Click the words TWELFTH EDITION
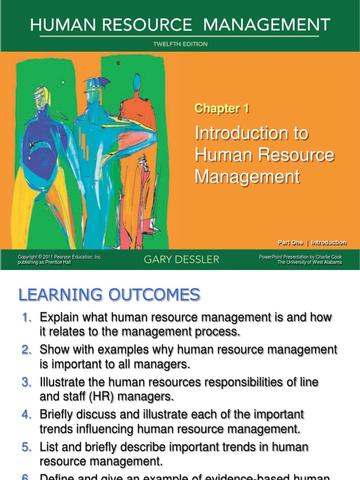pyautogui.click(x=180, y=45)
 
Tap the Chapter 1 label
pyautogui.click(x=222, y=109)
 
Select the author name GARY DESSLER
pyautogui.click(x=181, y=260)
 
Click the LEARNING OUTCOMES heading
pyautogui.click(x=109, y=295)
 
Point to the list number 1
pyautogui.click(x=26, y=318)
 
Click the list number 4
pyautogui.click(x=26, y=415)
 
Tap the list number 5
pyautogui.click(x=26, y=447)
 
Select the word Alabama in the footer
pyautogui.click(x=331, y=262)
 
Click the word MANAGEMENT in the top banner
pyautogui.click(x=265, y=25)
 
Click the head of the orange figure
pyautogui.click(x=137, y=83)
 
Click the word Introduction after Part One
pyautogui.click(x=329, y=243)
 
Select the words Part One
pyautogui.click(x=291, y=243)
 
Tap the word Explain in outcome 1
pyautogui.click(x=58, y=318)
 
